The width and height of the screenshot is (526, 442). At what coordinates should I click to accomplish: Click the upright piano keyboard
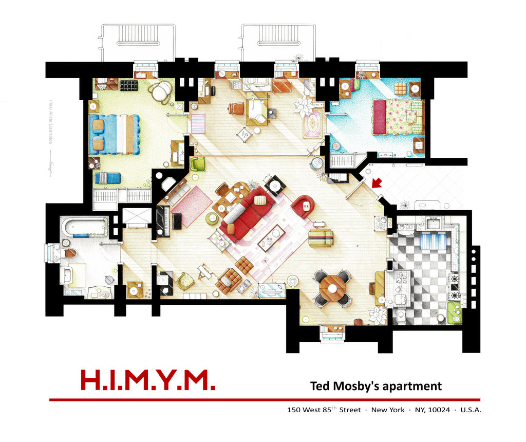(x=163, y=221)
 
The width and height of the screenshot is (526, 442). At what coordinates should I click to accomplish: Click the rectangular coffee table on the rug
(x=272, y=237)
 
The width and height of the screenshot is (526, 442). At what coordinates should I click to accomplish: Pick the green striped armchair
(x=321, y=238)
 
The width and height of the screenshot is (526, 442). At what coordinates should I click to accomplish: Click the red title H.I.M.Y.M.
(x=147, y=380)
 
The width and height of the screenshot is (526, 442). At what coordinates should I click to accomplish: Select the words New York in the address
(x=388, y=410)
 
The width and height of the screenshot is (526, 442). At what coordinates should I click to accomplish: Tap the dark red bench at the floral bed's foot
(x=379, y=117)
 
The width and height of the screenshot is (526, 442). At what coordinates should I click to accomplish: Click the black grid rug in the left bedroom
(x=128, y=85)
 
